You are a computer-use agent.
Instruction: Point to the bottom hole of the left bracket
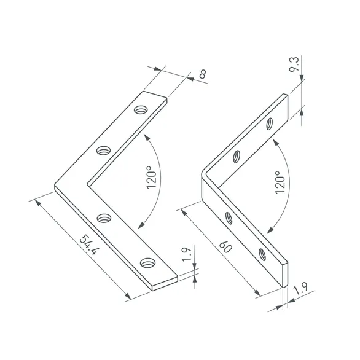pos(147,263)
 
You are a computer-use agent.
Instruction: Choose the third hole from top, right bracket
pos(229,217)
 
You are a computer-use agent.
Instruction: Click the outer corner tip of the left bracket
pos(55,186)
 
